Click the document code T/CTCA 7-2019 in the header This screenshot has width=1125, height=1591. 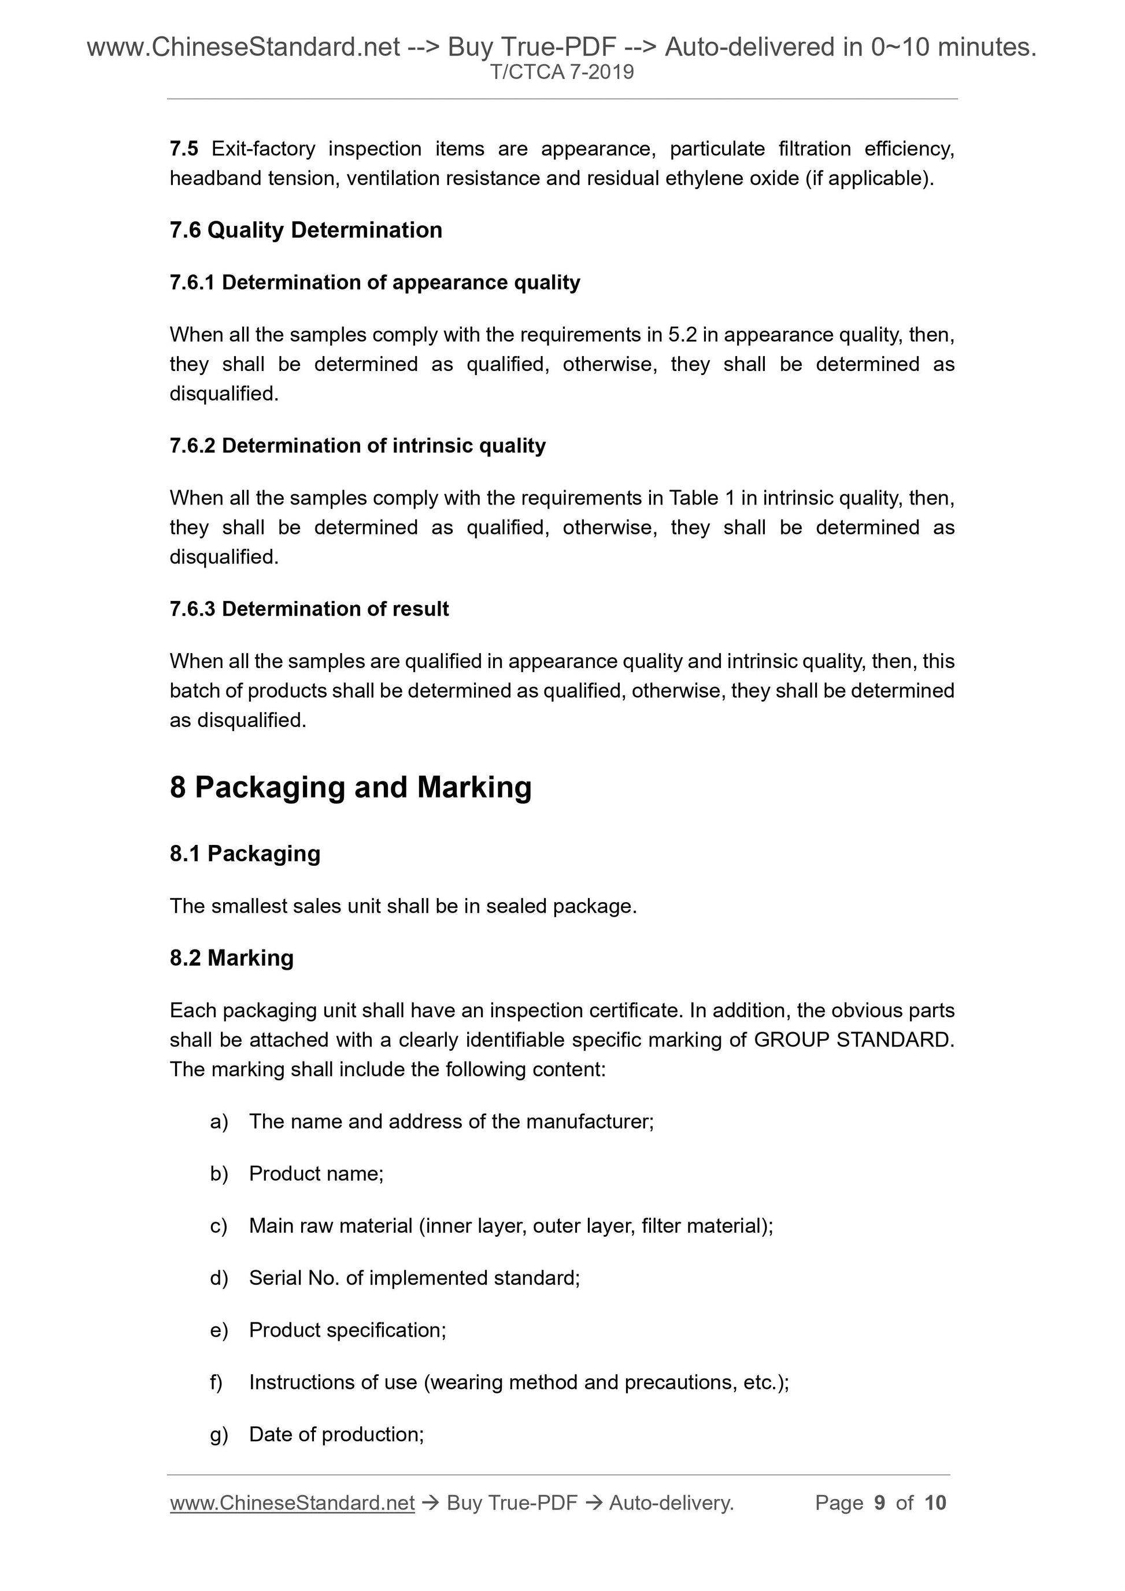coord(562,72)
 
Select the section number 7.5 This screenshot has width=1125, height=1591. coord(184,149)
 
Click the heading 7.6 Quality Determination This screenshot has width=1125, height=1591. coord(306,230)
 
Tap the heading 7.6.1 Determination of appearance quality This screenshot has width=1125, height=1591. coord(374,283)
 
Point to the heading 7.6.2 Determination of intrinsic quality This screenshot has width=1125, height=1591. coord(357,446)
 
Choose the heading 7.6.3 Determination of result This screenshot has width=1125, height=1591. coord(309,609)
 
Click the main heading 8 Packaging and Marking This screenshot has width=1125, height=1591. coord(351,788)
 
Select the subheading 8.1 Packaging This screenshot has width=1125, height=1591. coord(245,854)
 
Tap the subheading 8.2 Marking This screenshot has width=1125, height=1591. coord(231,958)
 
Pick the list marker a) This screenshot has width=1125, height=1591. coord(219,1122)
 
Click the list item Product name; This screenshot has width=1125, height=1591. coord(316,1174)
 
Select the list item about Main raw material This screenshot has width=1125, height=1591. coord(511,1226)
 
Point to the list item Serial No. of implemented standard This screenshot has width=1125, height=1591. coord(414,1278)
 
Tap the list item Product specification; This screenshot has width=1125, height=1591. coord(347,1330)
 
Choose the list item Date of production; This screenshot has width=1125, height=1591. coord(336,1434)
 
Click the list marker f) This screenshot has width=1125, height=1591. coord(216,1382)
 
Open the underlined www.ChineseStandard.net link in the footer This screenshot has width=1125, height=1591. coord(292,1503)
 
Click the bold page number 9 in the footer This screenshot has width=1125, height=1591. coord(880,1503)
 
